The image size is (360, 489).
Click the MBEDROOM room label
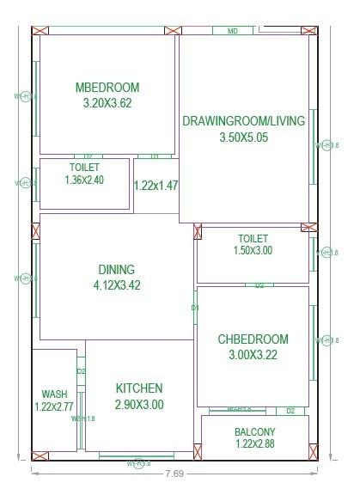coord(107,88)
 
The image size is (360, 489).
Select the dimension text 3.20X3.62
coord(107,102)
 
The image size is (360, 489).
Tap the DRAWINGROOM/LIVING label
coord(244,121)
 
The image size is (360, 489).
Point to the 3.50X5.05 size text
coord(244,137)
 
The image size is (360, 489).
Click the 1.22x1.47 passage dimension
coord(156,185)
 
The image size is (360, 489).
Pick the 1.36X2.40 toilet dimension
coord(84,180)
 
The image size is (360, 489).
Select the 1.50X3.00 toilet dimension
coord(253,250)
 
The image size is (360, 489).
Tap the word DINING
coord(116,270)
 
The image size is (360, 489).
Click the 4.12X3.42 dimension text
coord(116,284)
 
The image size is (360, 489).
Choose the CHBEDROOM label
coord(253,339)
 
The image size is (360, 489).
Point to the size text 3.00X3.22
coord(253,354)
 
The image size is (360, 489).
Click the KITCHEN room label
coord(138,389)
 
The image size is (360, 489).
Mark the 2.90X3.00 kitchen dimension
coord(138,404)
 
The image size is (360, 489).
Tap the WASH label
coord(54,394)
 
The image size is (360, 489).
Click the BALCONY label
coord(254,431)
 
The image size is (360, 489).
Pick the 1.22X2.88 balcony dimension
coord(254,444)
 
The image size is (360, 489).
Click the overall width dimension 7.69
coord(174,474)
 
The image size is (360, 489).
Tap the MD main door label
coord(232,31)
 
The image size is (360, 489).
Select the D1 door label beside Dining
coord(195,308)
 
